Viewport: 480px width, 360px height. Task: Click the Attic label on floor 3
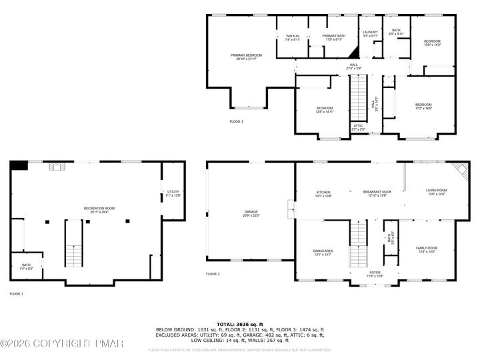point(358,127)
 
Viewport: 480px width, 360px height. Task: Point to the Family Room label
point(427,249)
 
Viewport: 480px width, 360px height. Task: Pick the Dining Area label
point(323,253)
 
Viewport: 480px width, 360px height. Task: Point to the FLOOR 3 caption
point(237,121)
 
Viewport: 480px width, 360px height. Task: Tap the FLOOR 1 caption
point(16,293)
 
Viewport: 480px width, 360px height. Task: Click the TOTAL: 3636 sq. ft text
point(240,323)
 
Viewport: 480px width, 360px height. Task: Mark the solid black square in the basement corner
point(20,165)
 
